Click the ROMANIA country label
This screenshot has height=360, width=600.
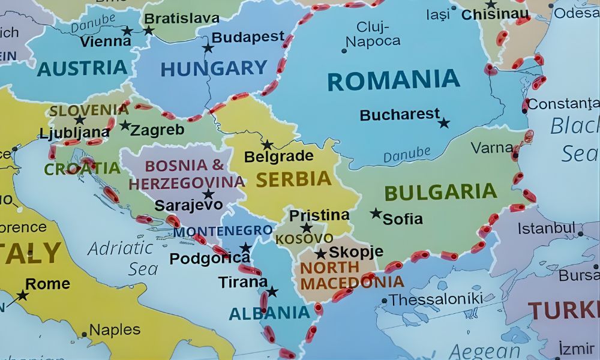click(x=394, y=80)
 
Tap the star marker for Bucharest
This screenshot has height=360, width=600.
click(x=443, y=123)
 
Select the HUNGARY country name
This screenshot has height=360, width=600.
click(x=214, y=69)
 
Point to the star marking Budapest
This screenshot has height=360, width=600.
click(x=208, y=48)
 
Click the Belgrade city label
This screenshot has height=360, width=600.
click(x=278, y=157)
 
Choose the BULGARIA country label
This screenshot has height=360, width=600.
click(x=440, y=192)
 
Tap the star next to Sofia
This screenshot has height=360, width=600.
click(x=376, y=213)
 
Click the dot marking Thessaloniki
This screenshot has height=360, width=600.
click(x=384, y=301)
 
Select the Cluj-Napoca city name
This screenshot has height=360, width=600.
click(x=373, y=34)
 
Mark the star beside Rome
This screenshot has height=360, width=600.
click(x=22, y=295)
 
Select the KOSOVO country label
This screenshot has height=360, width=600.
click(x=304, y=239)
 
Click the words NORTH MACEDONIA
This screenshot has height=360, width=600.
click(x=351, y=274)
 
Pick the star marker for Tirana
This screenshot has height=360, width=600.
click(x=272, y=292)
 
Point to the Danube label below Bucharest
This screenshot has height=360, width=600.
click(x=407, y=154)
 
